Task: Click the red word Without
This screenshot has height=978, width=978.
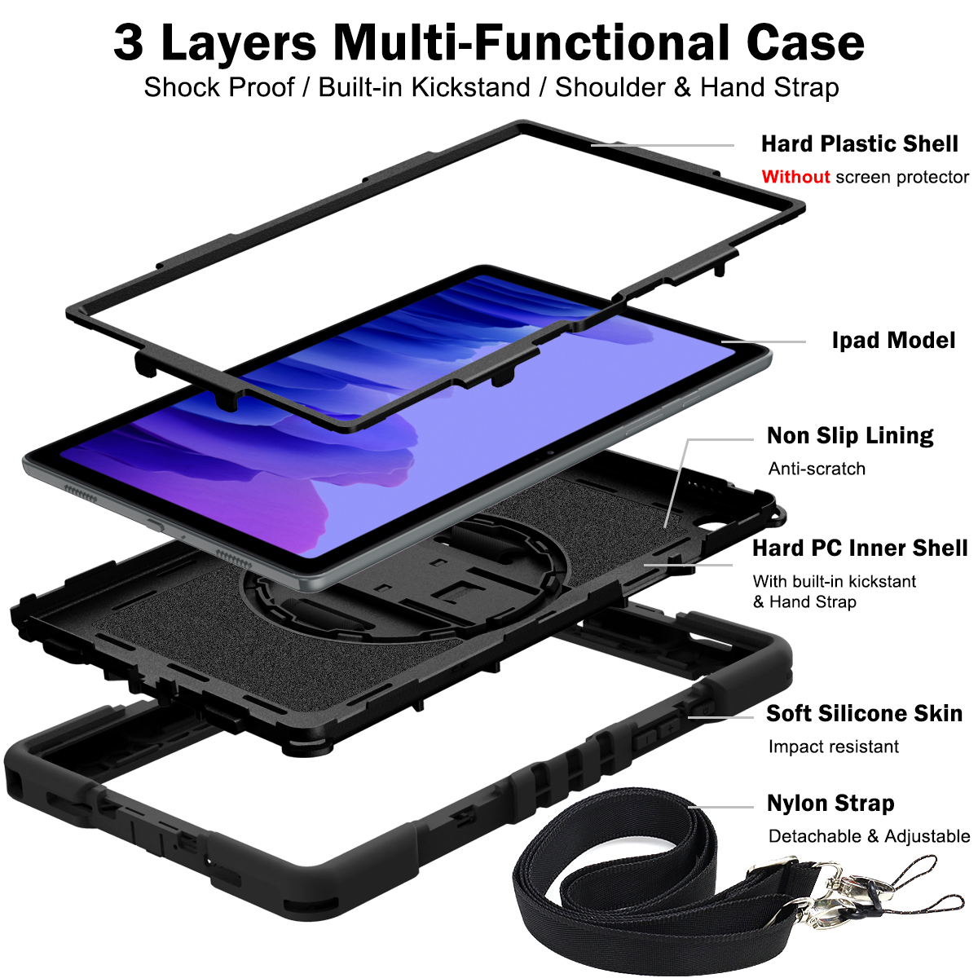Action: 795,177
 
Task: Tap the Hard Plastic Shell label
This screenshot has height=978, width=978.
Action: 859,144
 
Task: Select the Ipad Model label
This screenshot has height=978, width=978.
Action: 893,340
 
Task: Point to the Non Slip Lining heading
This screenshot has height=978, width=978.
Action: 850,435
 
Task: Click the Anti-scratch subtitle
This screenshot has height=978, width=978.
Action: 817,469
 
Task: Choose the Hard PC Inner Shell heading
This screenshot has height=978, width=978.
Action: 860,548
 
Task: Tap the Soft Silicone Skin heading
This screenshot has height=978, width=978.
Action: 865,714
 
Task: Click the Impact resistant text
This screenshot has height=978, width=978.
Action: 834,747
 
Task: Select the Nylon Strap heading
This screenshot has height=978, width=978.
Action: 830,804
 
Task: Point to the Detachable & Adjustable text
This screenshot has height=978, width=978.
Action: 869,836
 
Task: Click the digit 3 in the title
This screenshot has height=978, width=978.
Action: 128,43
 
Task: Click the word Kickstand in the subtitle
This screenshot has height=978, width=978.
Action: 471,87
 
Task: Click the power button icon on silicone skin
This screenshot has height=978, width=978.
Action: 706,710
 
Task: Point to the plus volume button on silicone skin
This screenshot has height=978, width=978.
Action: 670,729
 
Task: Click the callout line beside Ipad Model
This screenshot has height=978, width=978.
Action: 764,341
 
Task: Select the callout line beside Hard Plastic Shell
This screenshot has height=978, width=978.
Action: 663,145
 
